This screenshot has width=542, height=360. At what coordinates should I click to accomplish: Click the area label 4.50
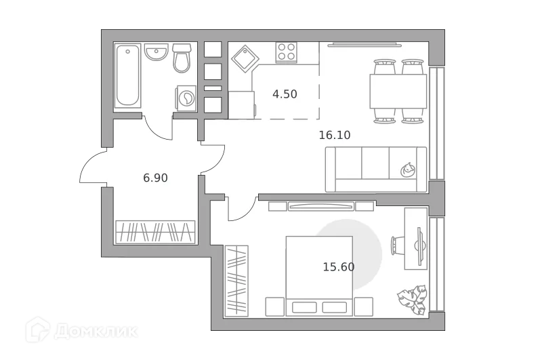(285, 94)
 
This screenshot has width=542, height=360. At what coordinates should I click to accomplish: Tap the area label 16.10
(334, 135)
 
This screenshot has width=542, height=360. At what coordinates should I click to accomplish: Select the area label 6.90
(155, 178)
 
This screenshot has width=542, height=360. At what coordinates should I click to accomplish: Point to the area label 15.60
(339, 267)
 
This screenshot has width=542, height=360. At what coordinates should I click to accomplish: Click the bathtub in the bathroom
(128, 76)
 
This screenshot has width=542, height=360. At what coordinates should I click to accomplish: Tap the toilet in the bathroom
(182, 59)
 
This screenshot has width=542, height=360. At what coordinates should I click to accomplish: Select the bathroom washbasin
(157, 52)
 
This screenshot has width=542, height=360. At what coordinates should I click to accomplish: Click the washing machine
(186, 99)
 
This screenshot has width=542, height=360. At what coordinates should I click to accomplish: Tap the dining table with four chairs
(398, 91)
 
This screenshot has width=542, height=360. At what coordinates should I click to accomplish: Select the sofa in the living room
(376, 169)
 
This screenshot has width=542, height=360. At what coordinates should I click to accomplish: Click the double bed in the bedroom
(319, 275)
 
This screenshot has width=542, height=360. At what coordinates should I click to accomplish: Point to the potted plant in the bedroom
(412, 296)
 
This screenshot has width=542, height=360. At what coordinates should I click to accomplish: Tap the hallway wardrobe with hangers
(155, 232)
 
